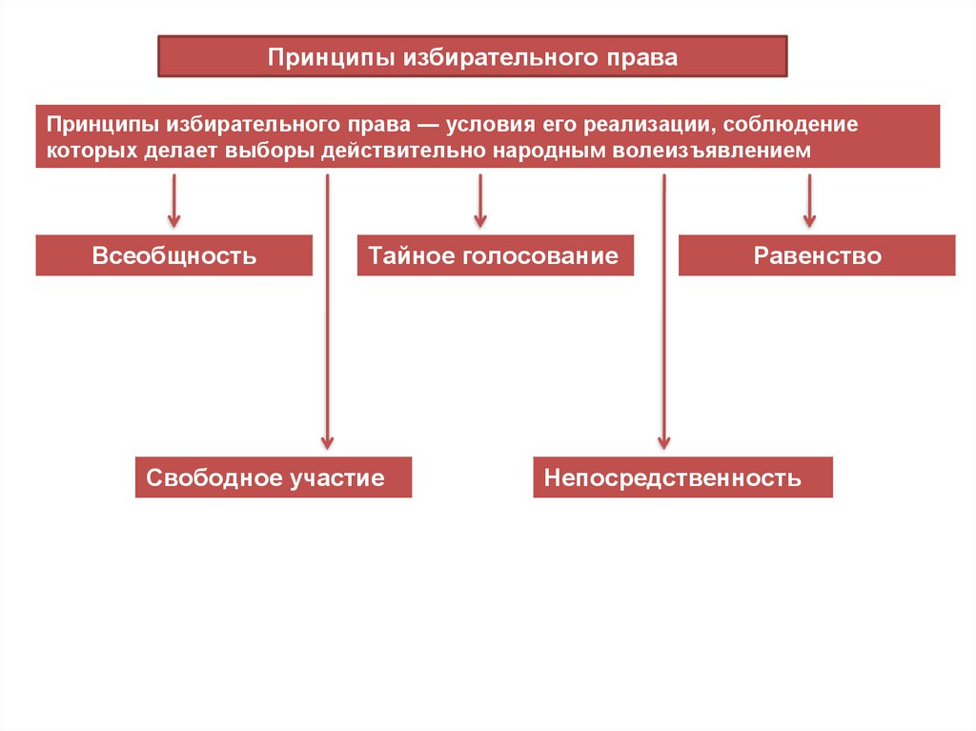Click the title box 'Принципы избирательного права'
(472, 57)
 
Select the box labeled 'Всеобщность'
(174, 255)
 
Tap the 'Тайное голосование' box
(495, 255)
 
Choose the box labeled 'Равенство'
(817, 255)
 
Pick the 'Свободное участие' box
(274, 477)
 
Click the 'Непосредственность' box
(682, 477)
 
